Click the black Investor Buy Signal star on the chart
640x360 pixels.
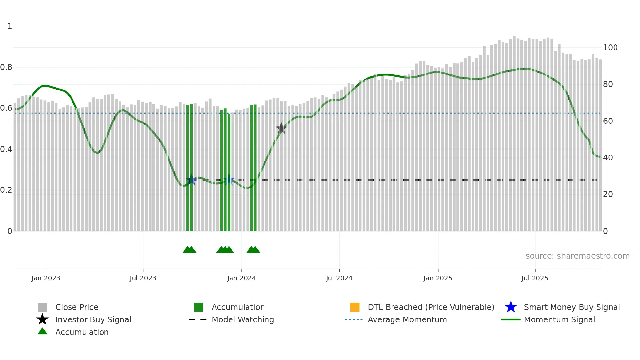(x=281, y=128)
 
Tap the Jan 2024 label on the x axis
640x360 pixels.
(x=241, y=278)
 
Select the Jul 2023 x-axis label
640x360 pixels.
(x=143, y=278)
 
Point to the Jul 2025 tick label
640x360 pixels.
(x=535, y=278)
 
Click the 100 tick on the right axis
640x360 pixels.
(x=610, y=48)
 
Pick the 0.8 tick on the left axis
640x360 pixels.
(x=7, y=67)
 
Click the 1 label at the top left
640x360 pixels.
(x=10, y=26)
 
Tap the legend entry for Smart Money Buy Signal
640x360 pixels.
(x=571, y=307)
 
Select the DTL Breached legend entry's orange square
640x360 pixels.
(x=355, y=307)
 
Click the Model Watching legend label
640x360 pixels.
(x=243, y=319)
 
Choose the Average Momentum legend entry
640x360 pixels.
(x=407, y=319)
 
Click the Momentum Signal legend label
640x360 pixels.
(x=559, y=319)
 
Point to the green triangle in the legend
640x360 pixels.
(x=42, y=331)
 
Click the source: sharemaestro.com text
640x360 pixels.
(x=577, y=256)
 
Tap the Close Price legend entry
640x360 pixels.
(x=77, y=307)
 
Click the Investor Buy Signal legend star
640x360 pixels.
(x=42, y=319)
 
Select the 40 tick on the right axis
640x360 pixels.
(x=608, y=158)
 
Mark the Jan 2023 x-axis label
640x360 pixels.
(x=46, y=278)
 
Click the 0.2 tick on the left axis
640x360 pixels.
(x=7, y=190)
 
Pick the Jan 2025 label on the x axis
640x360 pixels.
(x=438, y=278)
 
